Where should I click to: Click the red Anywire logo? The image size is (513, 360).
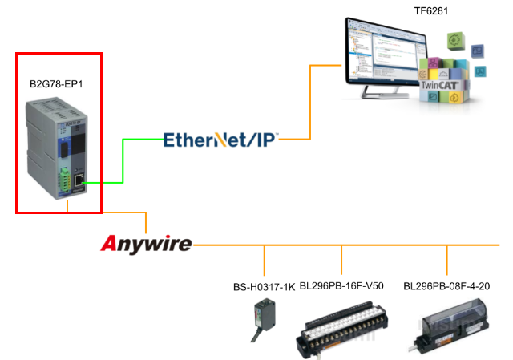click(x=147, y=244)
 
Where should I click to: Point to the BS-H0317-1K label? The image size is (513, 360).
click(x=263, y=286)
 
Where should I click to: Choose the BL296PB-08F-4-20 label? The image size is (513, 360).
click(x=446, y=286)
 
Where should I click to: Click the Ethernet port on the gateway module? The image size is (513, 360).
click(x=78, y=182)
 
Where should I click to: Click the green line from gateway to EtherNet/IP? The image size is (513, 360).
click(x=123, y=160)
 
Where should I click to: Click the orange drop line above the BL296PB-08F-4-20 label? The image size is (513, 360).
click(x=447, y=259)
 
